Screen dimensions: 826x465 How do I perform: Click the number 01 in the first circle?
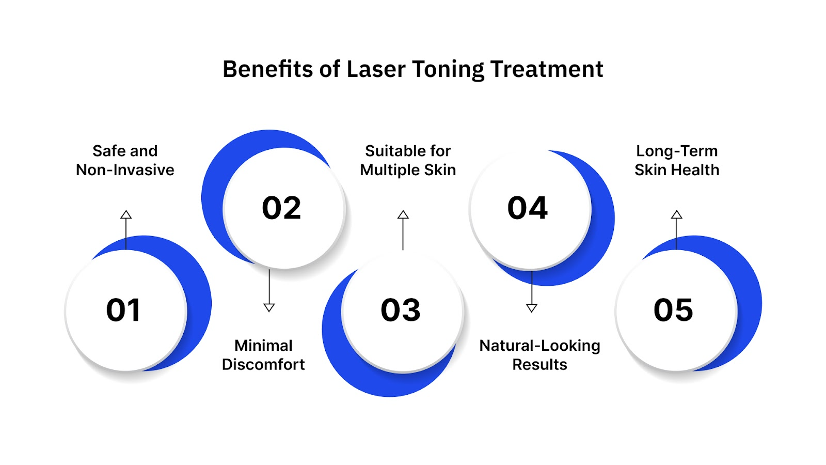[123, 310]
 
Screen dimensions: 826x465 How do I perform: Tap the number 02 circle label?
[281, 208]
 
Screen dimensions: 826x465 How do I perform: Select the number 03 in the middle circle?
[401, 310]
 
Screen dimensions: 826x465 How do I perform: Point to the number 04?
[527, 208]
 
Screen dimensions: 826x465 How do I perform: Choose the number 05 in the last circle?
[673, 310]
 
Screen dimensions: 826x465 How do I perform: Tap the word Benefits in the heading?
[267, 69]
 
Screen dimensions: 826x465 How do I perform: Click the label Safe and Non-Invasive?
[125, 160]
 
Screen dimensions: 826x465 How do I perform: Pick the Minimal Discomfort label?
[263, 355]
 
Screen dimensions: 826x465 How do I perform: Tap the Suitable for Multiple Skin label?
[408, 160]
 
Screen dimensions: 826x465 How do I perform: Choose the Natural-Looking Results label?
[539, 355]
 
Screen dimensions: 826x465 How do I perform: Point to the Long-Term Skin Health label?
[677, 160]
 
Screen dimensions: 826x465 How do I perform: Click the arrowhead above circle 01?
[126, 214]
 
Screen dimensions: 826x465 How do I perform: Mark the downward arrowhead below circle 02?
[269, 307]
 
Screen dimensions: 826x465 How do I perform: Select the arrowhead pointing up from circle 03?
[403, 214]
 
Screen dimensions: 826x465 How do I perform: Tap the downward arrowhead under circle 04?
[532, 308]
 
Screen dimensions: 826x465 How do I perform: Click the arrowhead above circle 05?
[676, 214]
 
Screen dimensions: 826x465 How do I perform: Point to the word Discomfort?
[263, 364]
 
